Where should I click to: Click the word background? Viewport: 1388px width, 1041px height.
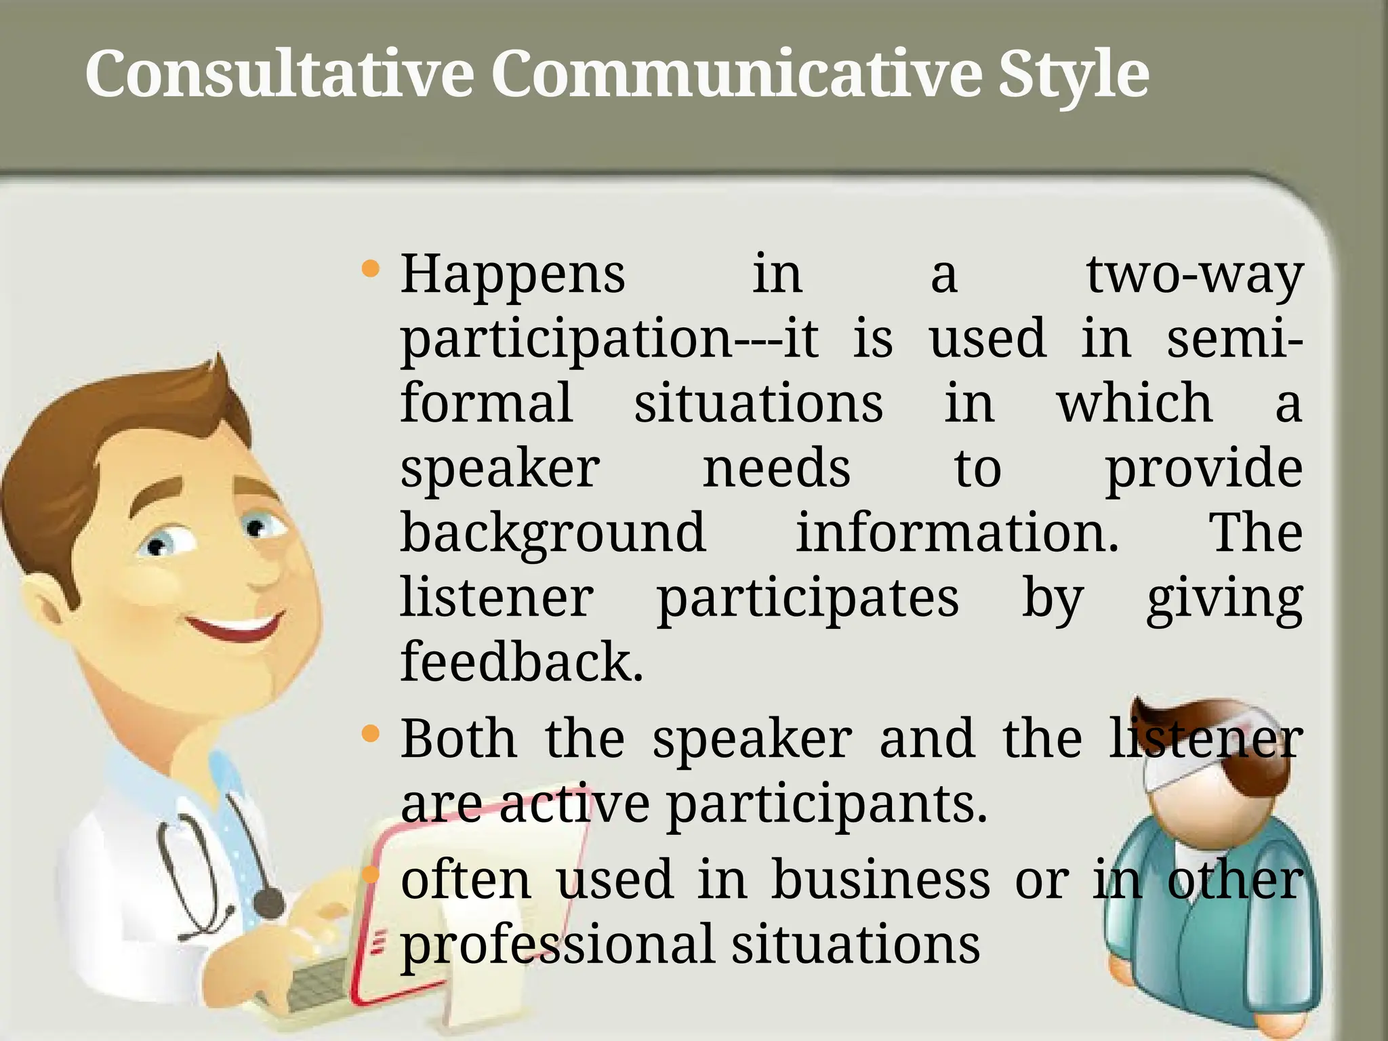point(552,533)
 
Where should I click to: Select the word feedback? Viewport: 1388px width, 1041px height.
point(521,662)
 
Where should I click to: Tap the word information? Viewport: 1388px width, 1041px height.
point(956,533)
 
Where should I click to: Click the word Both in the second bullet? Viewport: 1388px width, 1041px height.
point(458,739)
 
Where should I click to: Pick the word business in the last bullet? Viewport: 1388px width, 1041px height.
point(880,880)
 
